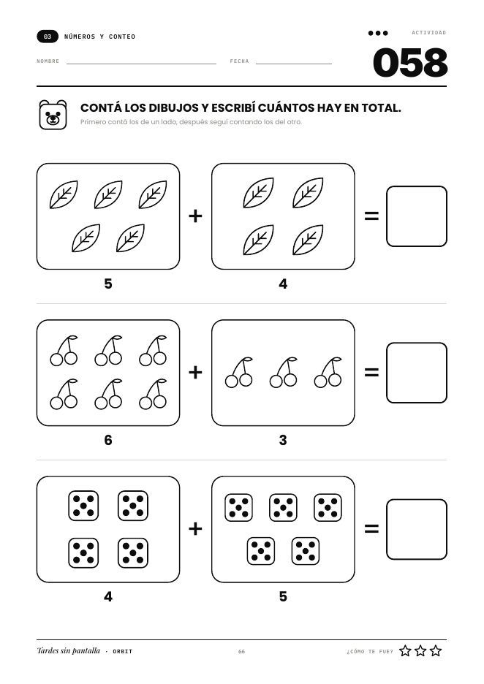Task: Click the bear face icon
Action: point(53,115)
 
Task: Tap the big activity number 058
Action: point(410,63)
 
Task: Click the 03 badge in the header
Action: point(48,37)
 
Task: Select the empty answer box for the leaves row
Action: point(417,216)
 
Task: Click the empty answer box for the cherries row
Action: point(417,373)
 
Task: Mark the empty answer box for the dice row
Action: point(417,529)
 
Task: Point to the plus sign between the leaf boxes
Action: point(195,216)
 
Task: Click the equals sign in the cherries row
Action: point(371,373)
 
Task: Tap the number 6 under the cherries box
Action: point(108,440)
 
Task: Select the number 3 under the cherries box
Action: point(283,440)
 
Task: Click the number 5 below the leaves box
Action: point(108,284)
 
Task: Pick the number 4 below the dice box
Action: point(108,596)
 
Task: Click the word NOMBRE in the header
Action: point(48,61)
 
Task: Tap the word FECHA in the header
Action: point(239,61)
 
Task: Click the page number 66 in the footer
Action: point(241,651)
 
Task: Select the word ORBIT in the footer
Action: point(123,651)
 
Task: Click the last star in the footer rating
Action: point(436,651)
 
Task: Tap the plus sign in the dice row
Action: point(195,528)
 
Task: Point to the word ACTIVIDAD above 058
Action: point(429,33)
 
